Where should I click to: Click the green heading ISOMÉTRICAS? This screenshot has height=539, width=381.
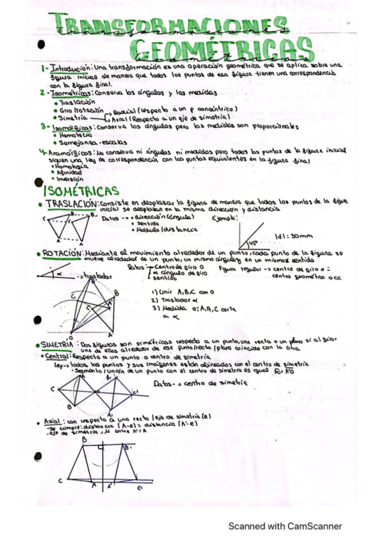tap(81, 191)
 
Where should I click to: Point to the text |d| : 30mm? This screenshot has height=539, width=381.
tap(289, 236)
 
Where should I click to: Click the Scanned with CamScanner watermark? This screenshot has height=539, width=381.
tap(285, 526)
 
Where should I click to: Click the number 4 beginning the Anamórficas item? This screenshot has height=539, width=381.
tap(41, 152)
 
